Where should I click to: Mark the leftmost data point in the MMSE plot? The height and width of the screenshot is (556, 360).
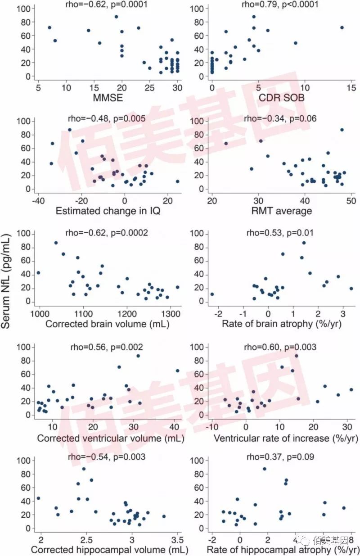click(x=49, y=27)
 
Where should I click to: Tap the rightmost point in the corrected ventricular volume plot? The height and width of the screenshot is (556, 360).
click(x=177, y=371)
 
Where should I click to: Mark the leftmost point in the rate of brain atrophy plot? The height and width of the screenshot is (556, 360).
click(x=212, y=294)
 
